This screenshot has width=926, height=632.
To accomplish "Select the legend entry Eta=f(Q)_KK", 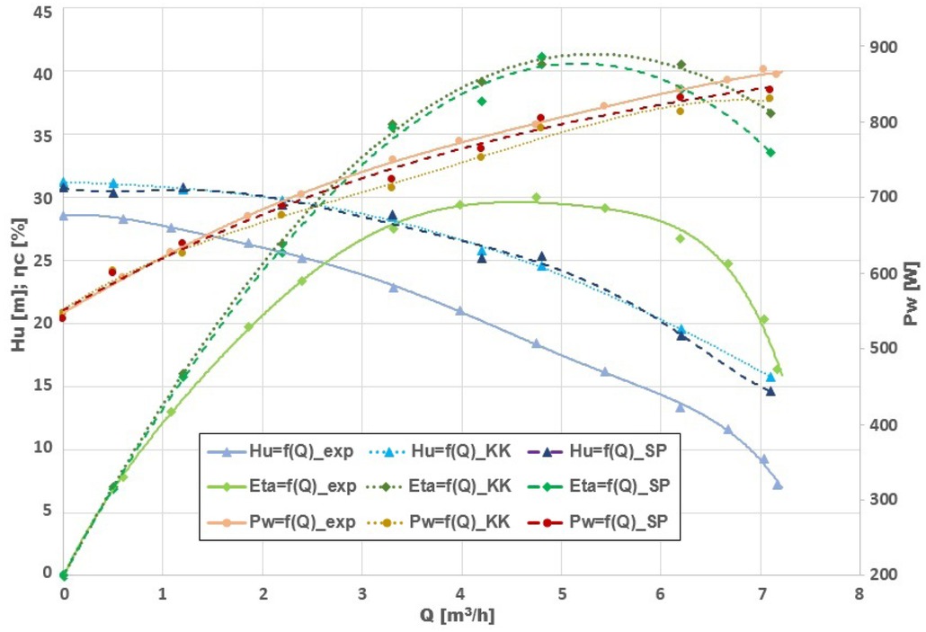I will tap(459, 486).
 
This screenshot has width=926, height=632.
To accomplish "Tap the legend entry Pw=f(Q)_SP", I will tap(619, 521).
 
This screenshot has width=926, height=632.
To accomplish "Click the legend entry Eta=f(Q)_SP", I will tap(619, 486).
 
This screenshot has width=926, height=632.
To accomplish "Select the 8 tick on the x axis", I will tap(859, 594).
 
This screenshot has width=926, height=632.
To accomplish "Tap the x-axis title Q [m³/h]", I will tap(459, 618).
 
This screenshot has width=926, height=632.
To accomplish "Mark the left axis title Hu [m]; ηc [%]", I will tap(15, 292).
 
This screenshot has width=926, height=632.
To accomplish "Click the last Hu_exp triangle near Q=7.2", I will tap(778, 485).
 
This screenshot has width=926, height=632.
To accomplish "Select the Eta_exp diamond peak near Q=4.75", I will tap(537, 197).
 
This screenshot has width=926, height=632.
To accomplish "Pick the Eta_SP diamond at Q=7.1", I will tap(770, 152).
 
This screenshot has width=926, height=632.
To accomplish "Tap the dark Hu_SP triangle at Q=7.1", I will tap(770, 391).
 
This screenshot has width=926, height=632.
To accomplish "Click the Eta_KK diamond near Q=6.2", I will tap(681, 65).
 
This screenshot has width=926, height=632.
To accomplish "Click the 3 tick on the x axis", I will tap(362, 594).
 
